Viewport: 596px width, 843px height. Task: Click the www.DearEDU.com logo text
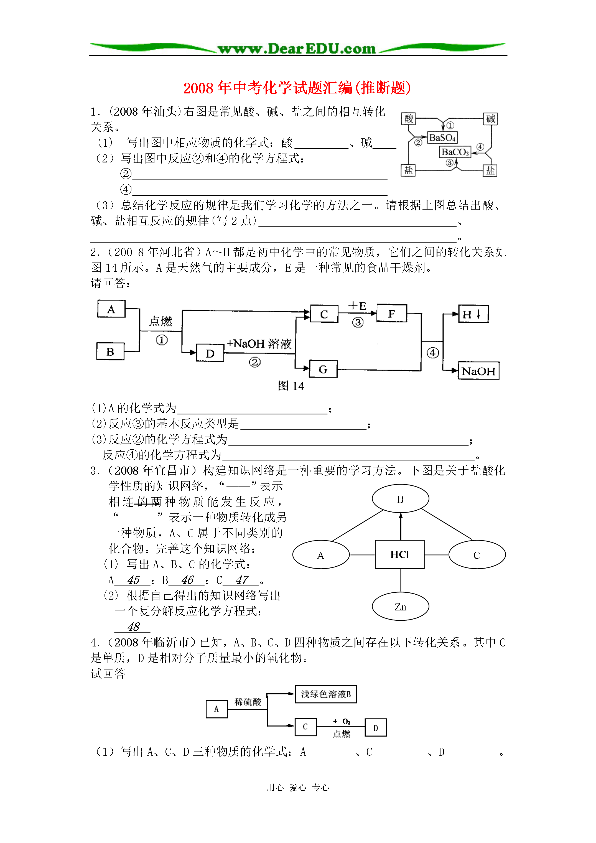297,49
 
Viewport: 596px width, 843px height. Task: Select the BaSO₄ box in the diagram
442,138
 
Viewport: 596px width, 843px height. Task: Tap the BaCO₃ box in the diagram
455,152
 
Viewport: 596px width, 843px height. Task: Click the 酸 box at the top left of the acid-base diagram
409,119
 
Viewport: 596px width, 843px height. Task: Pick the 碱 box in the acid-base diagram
490,119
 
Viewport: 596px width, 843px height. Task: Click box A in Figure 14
111,309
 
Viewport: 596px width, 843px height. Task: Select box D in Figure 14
210,353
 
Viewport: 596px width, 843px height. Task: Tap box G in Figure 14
323,369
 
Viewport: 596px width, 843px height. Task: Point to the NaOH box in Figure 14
478,371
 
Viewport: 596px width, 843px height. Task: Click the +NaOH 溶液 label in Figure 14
259,344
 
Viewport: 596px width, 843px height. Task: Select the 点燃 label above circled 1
161,321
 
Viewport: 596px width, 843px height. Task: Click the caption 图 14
291,386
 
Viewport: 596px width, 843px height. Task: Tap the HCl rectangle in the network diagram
399,554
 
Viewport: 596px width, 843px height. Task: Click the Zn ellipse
400,607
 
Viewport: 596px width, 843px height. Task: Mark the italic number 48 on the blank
134,627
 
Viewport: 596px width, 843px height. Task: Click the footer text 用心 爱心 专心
298,788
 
